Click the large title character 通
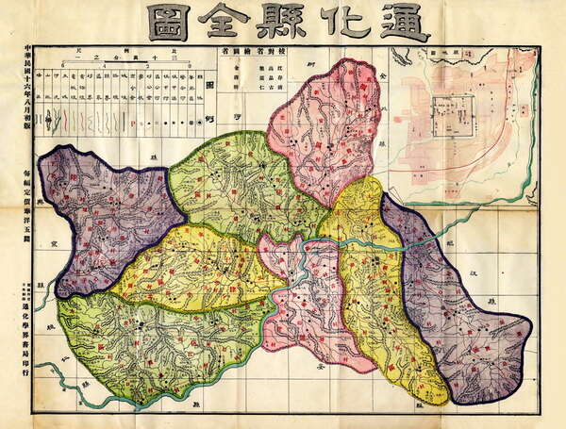pyautogui.click(x=405, y=22)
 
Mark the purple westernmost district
pyautogui.click(x=104, y=212)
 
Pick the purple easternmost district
pyautogui.click(x=462, y=311)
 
